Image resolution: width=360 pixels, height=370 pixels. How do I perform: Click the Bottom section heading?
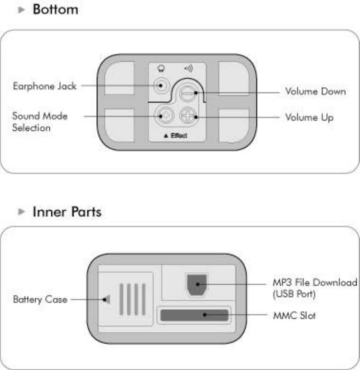(x=55, y=9)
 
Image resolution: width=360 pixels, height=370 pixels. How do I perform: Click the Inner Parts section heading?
(x=66, y=212)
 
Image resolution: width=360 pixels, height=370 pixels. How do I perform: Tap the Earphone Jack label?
(x=44, y=86)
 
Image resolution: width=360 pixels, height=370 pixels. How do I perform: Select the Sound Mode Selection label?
(x=40, y=122)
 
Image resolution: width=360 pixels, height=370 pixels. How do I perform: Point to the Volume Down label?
(x=315, y=91)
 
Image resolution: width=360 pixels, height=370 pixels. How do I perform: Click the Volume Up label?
(x=309, y=117)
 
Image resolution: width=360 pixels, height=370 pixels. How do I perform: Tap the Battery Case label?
(x=40, y=299)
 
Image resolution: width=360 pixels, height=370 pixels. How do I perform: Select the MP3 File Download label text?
(x=314, y=287)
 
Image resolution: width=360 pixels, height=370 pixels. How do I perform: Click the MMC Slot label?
(x=294, y=315)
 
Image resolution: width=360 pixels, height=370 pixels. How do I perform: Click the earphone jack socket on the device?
(x=161, y=86)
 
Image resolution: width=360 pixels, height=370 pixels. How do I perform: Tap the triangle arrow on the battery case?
(x=107, y=299)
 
